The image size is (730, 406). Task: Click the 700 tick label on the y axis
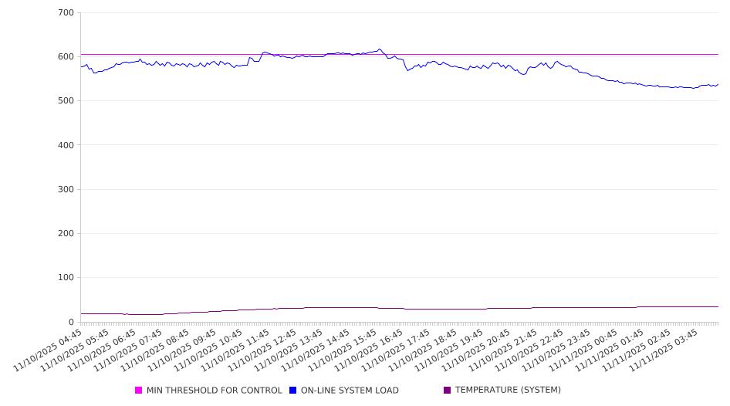[66, 12]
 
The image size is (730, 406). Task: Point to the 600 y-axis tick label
[66, 56]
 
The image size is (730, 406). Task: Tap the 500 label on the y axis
[66, 101]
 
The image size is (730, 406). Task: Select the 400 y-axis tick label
[66, 145]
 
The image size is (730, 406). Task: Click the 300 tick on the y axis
[66, 189]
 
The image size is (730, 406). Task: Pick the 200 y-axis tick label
[66, 233]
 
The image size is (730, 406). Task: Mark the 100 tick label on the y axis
[66, 278]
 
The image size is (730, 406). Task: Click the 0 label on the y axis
[70, 322]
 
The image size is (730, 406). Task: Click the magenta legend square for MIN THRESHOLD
[139, 391]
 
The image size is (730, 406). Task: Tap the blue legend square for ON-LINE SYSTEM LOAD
[293, 391]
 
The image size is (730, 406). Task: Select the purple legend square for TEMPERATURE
[447, 391]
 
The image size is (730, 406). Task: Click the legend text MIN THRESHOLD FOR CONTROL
[214, 391]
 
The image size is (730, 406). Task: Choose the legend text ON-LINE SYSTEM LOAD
[350, 391]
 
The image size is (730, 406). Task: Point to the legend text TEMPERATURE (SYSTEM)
[508, 391]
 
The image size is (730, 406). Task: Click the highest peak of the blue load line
[379, 49]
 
